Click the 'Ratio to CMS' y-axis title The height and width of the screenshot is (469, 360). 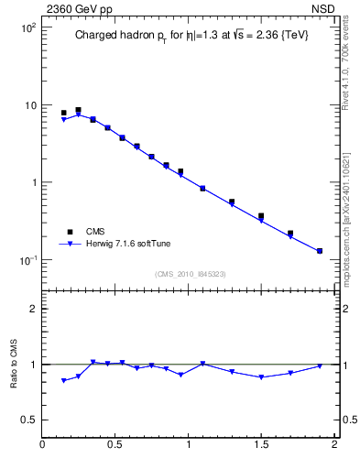[14, 364]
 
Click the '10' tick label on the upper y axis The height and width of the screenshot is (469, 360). [28, 105]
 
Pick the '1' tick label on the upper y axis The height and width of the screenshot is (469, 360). [32, 182]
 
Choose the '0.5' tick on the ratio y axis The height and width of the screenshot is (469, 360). [27, 420]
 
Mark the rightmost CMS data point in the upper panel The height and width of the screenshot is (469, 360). [320, 250]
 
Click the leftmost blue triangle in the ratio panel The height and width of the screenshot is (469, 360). [63, 380]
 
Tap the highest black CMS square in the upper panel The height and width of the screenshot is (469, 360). [78, 110]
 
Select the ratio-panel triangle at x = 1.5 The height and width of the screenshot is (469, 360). [261, 377]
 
